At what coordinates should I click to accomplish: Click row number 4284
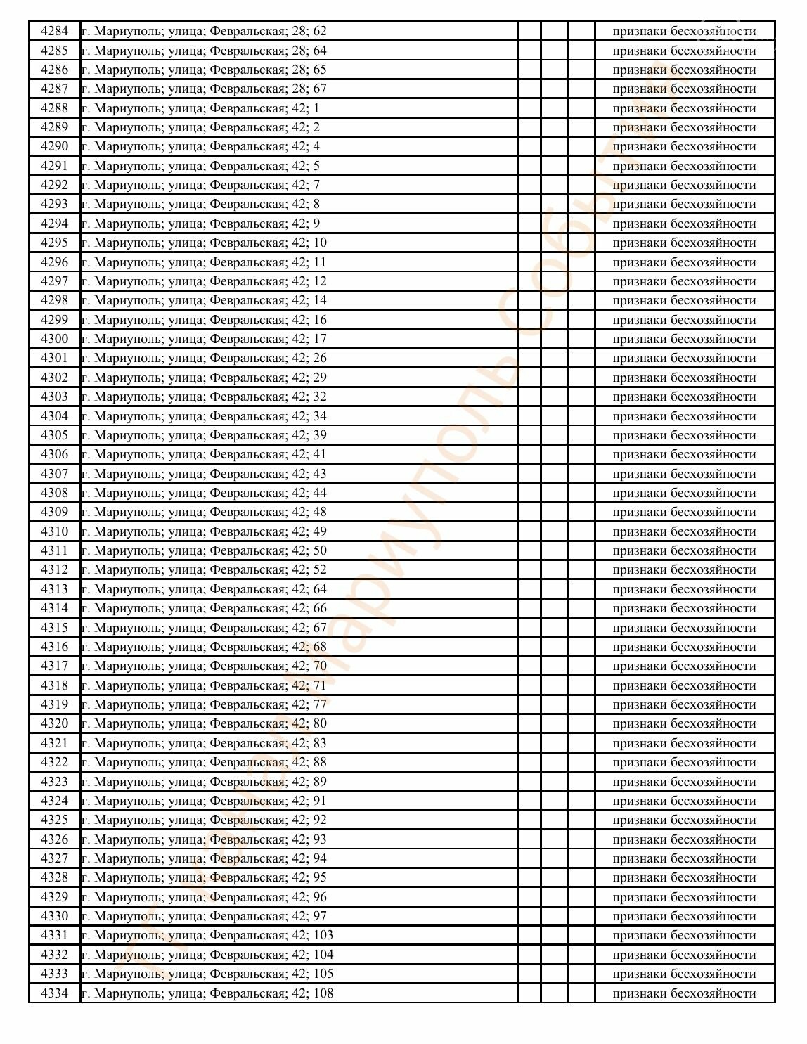(54, 31)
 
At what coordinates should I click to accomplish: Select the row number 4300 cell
(54, 339)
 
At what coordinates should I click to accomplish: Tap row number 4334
(54, 993)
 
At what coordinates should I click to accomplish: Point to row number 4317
(54, 666)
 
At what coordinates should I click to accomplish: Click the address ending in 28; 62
(204, 31)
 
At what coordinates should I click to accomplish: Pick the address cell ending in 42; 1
(200, 108)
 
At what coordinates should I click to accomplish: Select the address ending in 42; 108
(207, 993)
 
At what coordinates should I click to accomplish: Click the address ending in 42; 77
(204, 704)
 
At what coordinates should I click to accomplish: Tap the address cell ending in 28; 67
(204, 89)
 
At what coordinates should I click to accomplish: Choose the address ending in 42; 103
(207, 935)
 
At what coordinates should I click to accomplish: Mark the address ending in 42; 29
(204, 378)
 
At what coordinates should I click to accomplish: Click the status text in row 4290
(684, 146)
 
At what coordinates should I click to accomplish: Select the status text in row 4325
(684, 820)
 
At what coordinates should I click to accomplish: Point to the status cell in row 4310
(684, 531)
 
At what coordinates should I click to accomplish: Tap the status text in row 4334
(684, 993)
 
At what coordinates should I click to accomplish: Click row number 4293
(54, 204)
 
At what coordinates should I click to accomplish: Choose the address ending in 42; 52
(204, 569)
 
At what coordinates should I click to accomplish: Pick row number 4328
(54, 877)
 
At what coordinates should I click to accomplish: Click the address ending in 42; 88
(204, 762)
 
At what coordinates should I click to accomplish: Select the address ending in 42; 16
(204, 320)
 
